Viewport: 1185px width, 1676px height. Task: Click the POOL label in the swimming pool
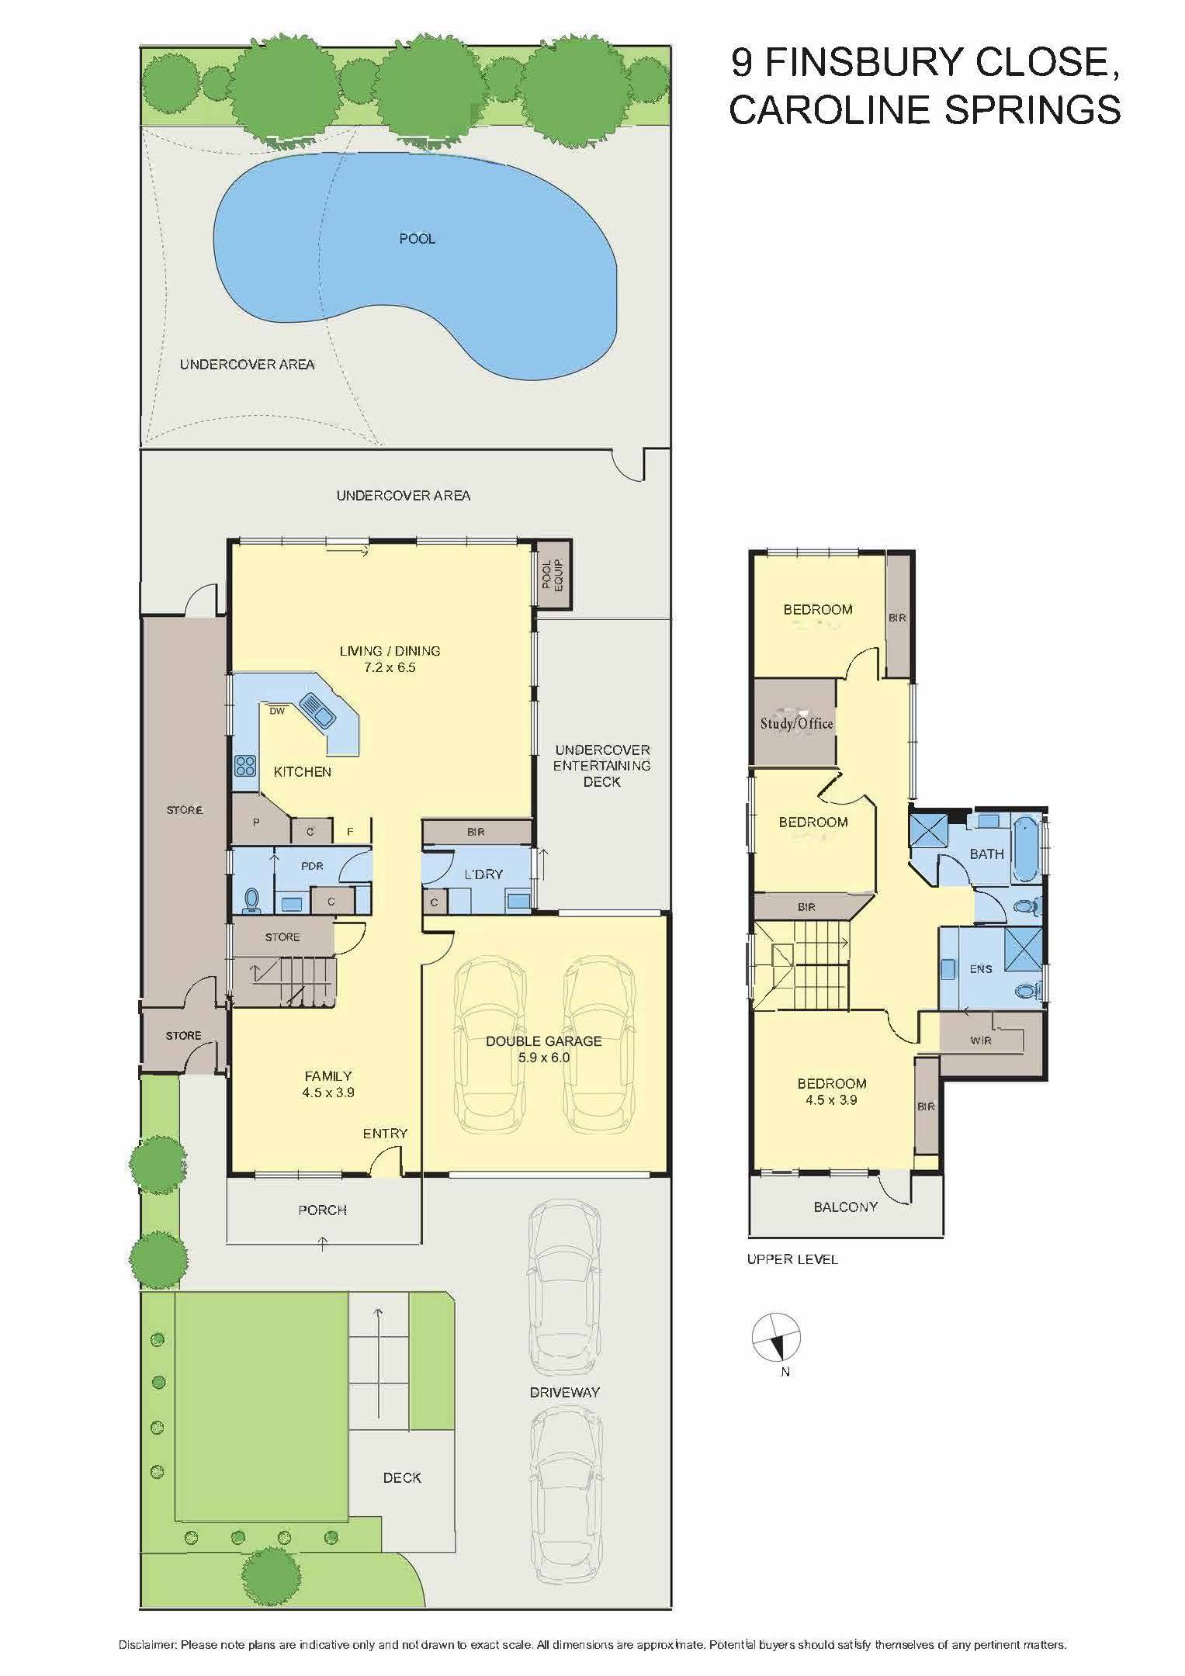pos(417,238)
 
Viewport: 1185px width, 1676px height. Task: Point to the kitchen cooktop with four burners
pos(245,766)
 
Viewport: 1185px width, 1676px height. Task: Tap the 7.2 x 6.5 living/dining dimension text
pos(390,667)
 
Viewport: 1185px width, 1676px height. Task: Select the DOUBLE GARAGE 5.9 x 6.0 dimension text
pos(544,1057)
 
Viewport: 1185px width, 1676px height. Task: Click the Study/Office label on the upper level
pos(796,724)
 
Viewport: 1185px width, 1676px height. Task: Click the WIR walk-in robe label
pos(980,1041)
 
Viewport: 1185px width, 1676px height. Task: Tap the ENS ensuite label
pos(980,969)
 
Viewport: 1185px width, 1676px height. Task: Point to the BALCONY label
pos(845,1207)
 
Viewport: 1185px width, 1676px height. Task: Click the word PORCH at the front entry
pos(322,1210)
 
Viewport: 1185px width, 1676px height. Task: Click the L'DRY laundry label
pos(483,874)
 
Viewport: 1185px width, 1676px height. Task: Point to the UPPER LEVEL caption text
pos(792,1259)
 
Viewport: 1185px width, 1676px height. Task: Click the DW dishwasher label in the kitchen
pos(276,711)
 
